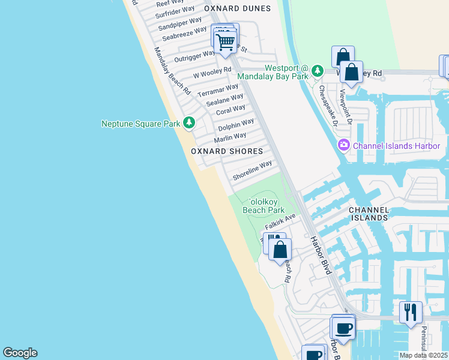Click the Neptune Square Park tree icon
tap(190, 123)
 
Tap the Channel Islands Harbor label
tap(396, 146)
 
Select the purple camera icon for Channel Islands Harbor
tap(344, 145)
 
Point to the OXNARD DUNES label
tap(238, 8)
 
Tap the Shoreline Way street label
tap(253, 170)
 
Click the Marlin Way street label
tap(231, 137)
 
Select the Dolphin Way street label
tap(236, 125)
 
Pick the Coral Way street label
tap(231, 110)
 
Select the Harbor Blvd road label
tap(320, 255)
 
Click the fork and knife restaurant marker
tap(411, 312)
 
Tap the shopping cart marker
tap(225, 42)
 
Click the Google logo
tap(20, 353)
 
